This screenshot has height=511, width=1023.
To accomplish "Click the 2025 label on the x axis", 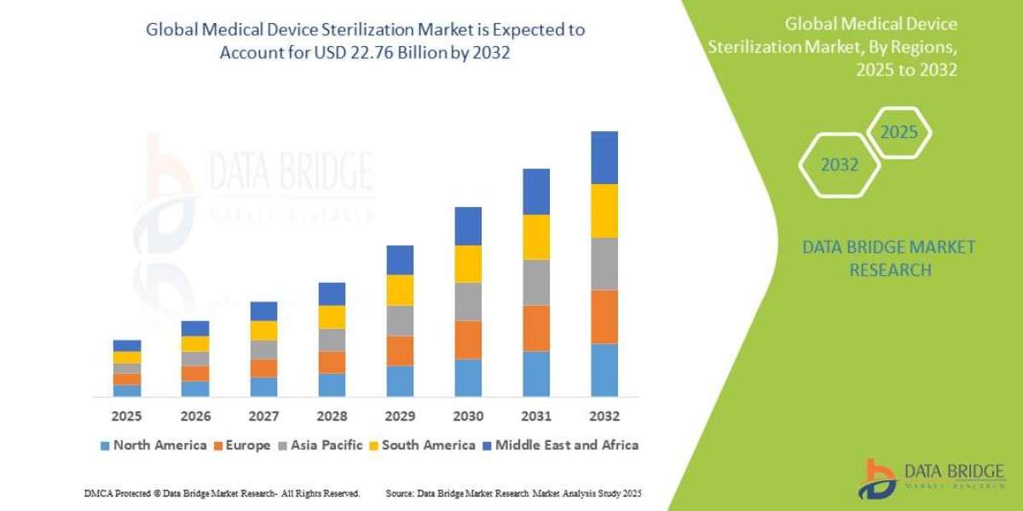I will point(126,416).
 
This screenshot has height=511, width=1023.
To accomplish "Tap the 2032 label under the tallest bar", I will point(604,416).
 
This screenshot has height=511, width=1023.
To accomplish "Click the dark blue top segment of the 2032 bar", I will point(604,158).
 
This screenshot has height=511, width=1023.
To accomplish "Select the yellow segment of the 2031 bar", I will point(535,237).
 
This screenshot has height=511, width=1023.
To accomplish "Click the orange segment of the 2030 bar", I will point(467,339).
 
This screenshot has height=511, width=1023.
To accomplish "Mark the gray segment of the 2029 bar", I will point(399,320).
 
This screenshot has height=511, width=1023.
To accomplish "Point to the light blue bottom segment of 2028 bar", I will point(331,385).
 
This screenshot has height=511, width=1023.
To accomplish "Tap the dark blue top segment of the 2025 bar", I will point(126,346).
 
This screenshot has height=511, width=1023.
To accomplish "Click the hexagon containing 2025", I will point(899,133).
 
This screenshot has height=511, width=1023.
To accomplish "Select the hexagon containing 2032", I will point(839,165).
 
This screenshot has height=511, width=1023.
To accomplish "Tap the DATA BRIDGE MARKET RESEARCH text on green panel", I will point(889,258).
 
